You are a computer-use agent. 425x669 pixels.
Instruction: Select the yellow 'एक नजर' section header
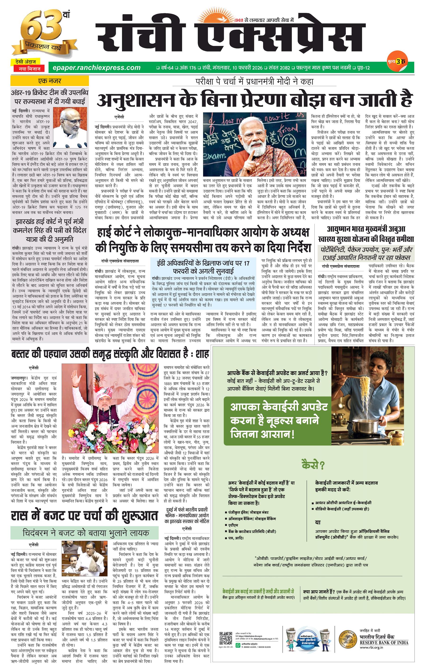[x=49, y=81]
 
